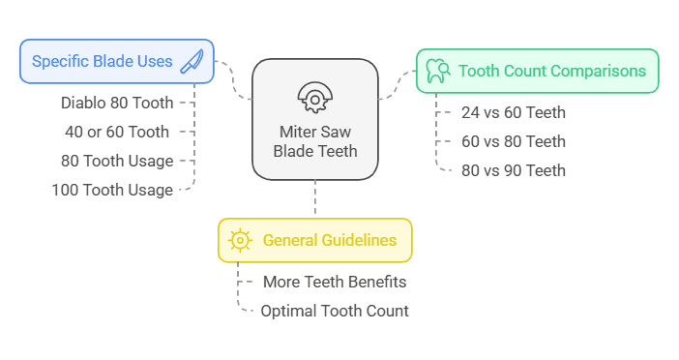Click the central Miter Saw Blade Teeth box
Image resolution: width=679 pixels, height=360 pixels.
[314, 119]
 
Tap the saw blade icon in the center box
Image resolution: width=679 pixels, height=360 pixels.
[314, 96]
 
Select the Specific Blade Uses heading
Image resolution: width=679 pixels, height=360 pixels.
[103, 61]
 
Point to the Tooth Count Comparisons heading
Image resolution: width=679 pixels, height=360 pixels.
[551, 71]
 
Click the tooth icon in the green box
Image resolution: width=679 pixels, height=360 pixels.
[436, 71]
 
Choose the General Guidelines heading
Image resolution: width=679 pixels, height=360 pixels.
[329, 240]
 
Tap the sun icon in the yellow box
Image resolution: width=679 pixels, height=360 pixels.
[238, 240]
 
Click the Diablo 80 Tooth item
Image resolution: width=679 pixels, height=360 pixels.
[116, 102]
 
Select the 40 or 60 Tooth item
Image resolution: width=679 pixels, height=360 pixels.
[116, 131]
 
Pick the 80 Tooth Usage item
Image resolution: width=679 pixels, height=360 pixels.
[116, 161]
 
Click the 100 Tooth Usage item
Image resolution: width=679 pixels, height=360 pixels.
[112, 190]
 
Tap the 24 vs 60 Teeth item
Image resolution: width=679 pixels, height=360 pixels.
[513, 112]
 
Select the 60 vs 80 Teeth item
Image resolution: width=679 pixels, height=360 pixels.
[513, 141]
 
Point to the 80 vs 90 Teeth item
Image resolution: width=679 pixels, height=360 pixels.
[513, 170]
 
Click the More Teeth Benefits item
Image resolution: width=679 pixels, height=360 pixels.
[335, 282]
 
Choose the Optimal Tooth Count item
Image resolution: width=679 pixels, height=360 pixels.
[335, 311]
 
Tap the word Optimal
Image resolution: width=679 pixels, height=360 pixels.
[288, 311]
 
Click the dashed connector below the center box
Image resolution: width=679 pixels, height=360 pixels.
[314, 199]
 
